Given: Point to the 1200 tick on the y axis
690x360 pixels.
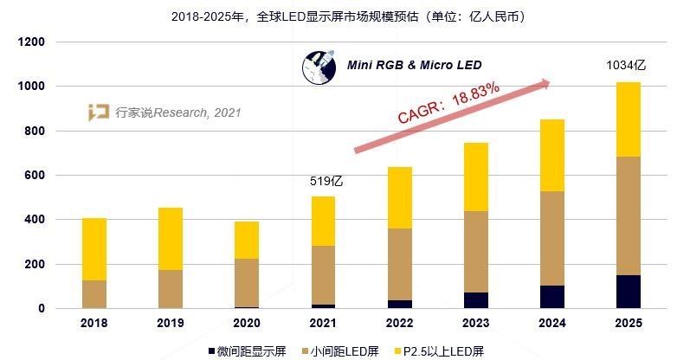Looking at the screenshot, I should pyautogui.click(x=32, y=42).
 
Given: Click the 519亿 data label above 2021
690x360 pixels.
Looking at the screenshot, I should pyautogui.click(x=327, y=182).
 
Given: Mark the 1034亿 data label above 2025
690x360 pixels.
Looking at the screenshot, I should pyautogui.click(x=628, y=66).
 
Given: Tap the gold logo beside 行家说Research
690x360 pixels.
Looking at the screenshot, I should pyautogui.click(x=99, y=112).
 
